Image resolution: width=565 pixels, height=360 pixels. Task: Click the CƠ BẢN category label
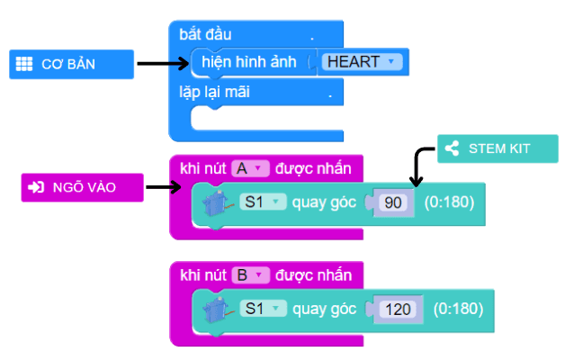(x=68, y=64)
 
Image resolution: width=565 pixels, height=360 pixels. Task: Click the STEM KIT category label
(x=498, y=149)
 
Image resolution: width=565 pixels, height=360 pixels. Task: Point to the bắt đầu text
(x=205, y=34)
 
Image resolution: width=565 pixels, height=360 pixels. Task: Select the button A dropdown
(x=250, y=167)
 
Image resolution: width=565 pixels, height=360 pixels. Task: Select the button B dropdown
(x=250, y=274)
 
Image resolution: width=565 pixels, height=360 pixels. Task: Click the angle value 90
(x=392, y=202)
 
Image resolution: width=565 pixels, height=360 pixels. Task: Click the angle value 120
(x=397, y=309)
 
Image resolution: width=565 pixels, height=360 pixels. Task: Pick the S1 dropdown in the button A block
(x=262, y=202)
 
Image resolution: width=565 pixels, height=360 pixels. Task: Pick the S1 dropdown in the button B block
(x=262, y=309)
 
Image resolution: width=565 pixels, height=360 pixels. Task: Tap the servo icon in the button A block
(x=215, y=203)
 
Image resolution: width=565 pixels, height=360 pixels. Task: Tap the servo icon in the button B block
(x=215, y=310)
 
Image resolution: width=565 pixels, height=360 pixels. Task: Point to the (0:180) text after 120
(x=458, y=309)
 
